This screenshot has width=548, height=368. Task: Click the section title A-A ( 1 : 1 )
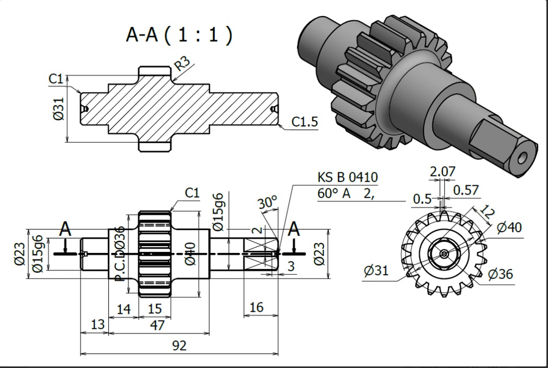click(179, 35)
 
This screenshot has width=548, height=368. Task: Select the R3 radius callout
click(184, 63)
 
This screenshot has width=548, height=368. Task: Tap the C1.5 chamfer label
click(305, 122)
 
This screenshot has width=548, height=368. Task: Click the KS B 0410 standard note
click(348, 177)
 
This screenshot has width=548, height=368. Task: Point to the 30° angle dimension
click(267, 203)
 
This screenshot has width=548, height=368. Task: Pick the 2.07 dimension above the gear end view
click(442, 171)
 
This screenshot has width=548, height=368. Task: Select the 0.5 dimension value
click(422, 199)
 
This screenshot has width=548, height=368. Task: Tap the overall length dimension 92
click(179, 345)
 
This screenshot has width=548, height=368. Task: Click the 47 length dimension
click(157, 325)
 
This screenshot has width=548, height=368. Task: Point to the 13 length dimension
click(98, 324)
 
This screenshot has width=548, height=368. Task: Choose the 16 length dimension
click(256, 308)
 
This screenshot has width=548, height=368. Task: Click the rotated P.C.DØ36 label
click(120, 253)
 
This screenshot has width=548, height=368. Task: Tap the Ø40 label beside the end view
click(509, 228)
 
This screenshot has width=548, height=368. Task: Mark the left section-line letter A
click(66, 229)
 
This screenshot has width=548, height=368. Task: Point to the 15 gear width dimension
click(155, 309)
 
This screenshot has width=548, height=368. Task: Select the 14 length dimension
click(124, 309)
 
